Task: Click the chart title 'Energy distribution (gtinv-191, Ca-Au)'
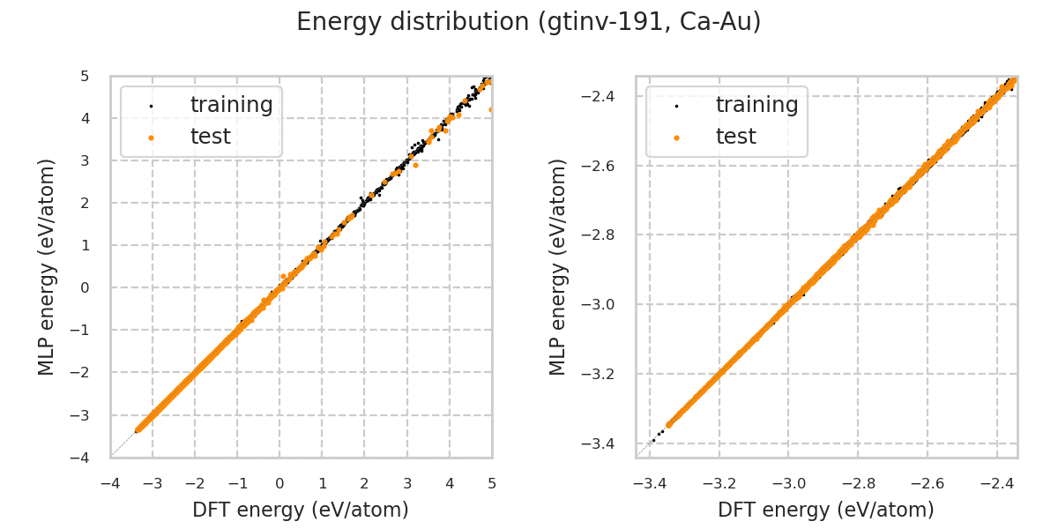(x=528, y=22)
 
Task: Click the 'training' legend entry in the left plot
(x=231, y=105)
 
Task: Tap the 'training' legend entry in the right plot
(x=756, y=105)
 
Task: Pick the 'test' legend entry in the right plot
(x=735, y=137)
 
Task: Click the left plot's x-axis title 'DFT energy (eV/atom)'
(x=301, y=510)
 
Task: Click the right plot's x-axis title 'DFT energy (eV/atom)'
(x=826, y=510)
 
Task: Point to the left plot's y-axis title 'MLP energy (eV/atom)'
(x=47, y=266)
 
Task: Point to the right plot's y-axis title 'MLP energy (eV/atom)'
(x=558, y=266)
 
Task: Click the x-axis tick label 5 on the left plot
(x=492, y=483)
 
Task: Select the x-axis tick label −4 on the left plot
(x=110, y=483)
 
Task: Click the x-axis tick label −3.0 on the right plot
(x=788, y=483)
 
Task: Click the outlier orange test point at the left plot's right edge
(x=491, y=110)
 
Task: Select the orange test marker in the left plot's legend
(x=151, y=138)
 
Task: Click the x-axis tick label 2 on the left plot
(x=365, y=483)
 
